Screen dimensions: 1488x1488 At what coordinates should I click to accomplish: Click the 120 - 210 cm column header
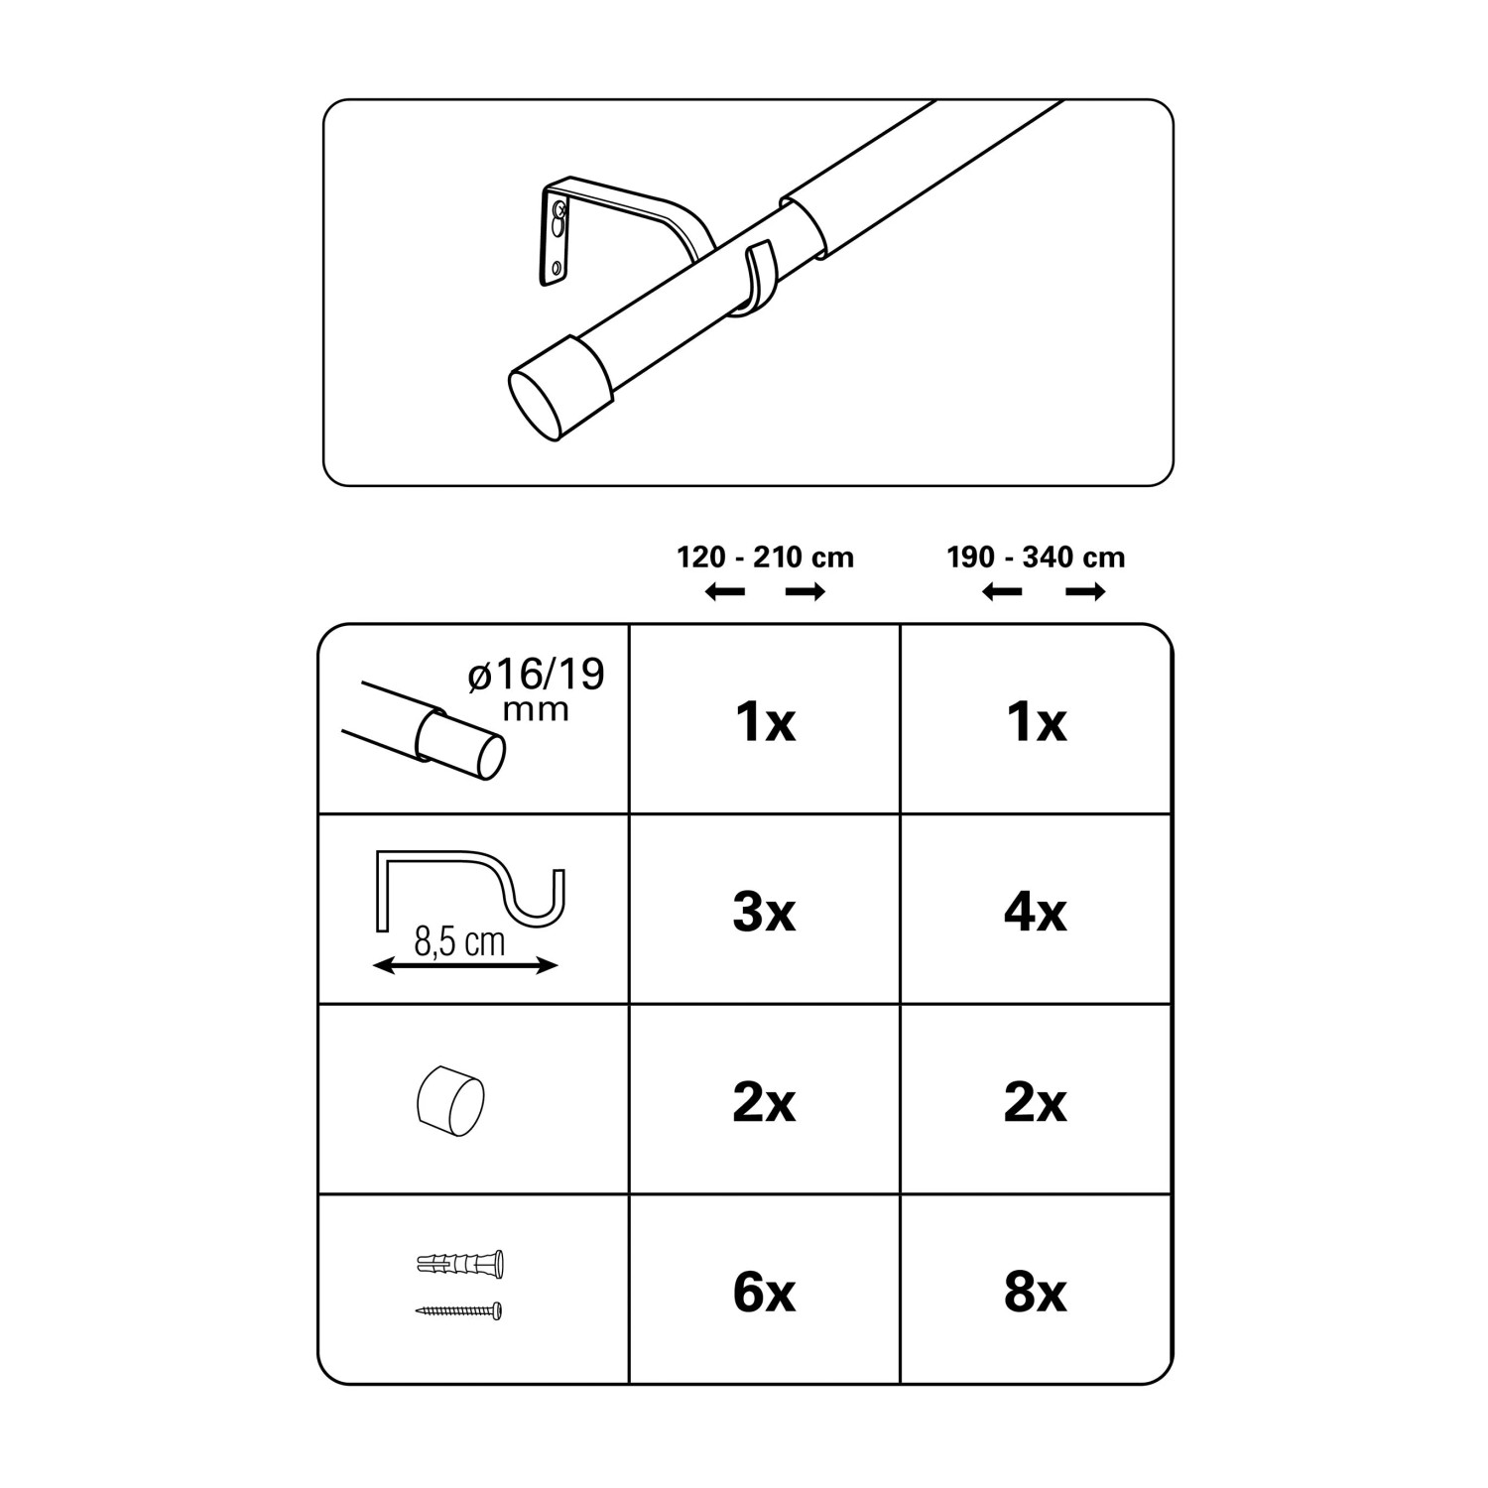(765, 558)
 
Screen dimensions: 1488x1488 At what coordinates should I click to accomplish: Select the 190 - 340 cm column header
(1036, 558)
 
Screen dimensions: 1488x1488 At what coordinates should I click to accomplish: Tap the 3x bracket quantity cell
(764, 912)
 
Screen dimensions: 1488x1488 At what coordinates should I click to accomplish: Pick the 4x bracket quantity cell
(1036, 912)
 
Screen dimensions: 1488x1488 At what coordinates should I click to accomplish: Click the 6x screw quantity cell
(764, 1293)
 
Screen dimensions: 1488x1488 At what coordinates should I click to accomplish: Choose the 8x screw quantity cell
(1036, 1293)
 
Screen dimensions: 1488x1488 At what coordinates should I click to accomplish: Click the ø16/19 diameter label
(537, 676)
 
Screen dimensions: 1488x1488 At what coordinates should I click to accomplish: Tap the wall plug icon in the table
(461, 1265)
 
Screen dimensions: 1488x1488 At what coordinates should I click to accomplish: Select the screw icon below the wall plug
(459, 1310)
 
